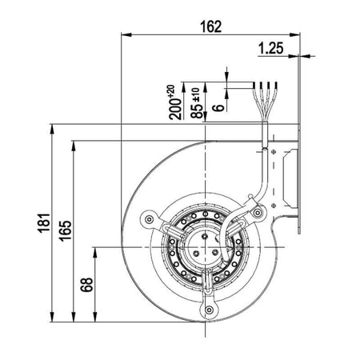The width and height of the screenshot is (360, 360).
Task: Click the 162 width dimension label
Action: [x=210, y=26]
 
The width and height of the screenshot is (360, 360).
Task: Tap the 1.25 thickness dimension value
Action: [x=271, y=48]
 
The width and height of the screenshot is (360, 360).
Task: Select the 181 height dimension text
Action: [x=44, y=223]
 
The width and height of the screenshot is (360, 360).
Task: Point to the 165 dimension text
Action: [x=66, y=231]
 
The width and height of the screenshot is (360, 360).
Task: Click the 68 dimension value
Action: [x=87, y=285]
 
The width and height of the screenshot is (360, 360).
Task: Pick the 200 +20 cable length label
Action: [x=174, y=102]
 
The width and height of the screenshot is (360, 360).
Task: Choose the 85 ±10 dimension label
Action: [x=196, y=103]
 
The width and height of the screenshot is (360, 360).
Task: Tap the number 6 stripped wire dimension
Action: [x=218, y=107]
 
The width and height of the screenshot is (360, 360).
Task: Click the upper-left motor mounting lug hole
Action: [x=149, y=219]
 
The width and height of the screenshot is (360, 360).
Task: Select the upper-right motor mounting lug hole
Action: [x=258, y=213]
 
